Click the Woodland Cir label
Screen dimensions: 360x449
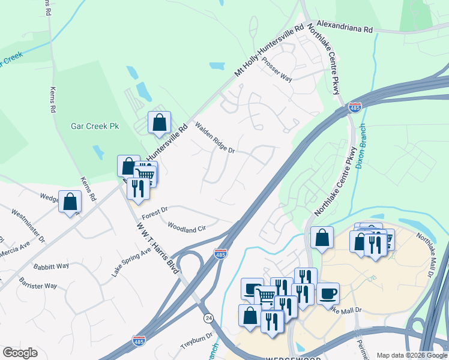point(186,229)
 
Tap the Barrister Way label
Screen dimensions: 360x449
point(38,283)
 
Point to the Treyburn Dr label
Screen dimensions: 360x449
point(197,343)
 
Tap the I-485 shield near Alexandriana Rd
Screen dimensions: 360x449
point(355,108)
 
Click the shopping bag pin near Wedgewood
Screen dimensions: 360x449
point(250,315)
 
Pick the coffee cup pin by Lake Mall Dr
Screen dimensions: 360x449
point(328,293)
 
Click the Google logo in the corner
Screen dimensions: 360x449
point(20,353)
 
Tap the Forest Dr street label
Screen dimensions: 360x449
point(154,214)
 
